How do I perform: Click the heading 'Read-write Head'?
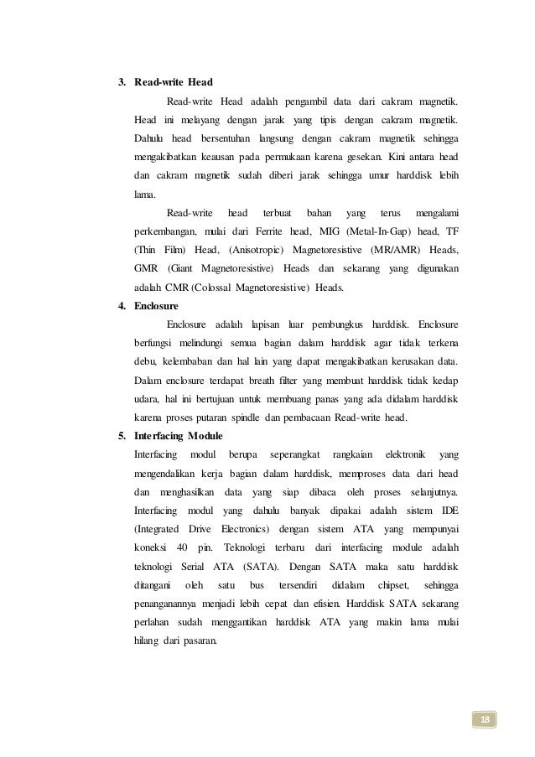tap(174, 82)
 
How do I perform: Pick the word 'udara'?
tap(148, 398)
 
